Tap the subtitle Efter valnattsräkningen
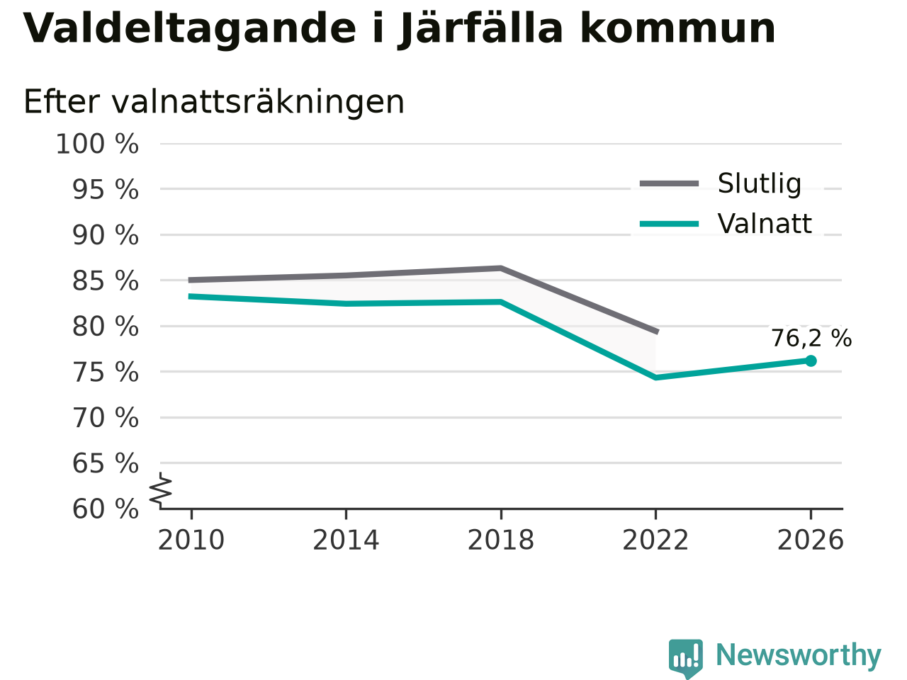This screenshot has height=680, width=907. coord(214,102)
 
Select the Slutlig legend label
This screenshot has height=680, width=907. coord(760,183)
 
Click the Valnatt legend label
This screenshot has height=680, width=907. coord(765,224)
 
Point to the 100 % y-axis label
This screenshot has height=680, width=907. coord(97,144)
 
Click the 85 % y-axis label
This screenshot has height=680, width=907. coord(106,281)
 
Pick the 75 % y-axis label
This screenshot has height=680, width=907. coord(106,373)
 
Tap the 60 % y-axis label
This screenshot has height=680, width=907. coord(106,509)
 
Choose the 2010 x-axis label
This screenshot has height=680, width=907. coord(191,540)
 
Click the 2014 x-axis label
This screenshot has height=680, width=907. coord(346,540)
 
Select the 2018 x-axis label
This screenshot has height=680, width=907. coord(501,540)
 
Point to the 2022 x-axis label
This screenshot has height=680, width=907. coord(655,540)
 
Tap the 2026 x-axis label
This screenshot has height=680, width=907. coord(811,540)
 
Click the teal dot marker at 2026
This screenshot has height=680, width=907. coord(811,361)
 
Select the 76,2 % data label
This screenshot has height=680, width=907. coord(811,339)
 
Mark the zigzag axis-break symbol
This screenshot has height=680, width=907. coord(160,490)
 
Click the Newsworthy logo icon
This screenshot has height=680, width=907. coord(686,658)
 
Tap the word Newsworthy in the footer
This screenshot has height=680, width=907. coord(799,656)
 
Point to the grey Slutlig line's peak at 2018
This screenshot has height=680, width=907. coord(501,268)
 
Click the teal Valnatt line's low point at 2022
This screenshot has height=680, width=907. coord(655,378)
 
